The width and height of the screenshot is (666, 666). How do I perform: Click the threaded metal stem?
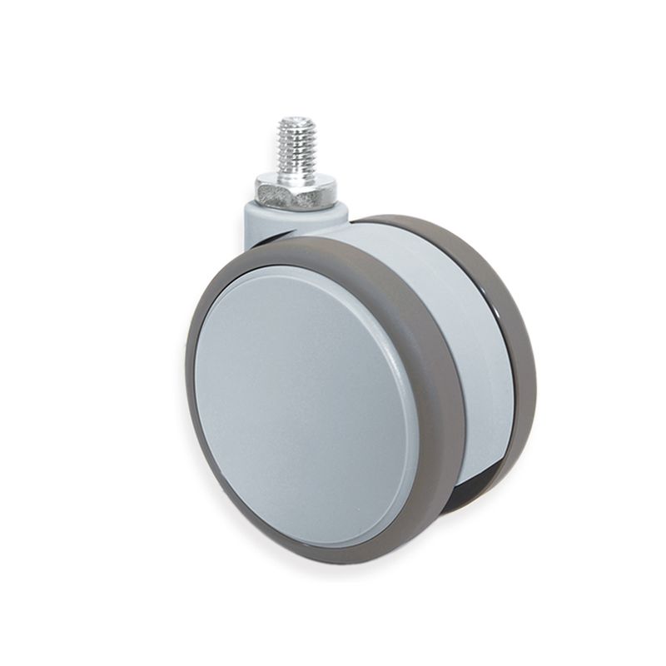pyautogui.click(x=296, y=147)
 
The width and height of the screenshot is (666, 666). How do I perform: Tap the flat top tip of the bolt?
pyautogui.click(x=296, y=121)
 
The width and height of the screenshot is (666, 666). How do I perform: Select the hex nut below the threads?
pyautogui.click(x=296, y=191)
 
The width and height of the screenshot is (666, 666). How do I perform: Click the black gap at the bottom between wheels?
pyautogui.click(x=470, y=491)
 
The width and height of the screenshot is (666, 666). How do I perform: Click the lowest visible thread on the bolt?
pyautogui.click(x=296, y=166)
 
